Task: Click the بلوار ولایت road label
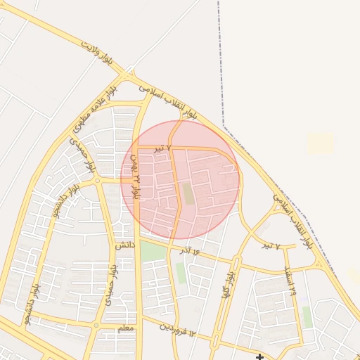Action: (x=98, y=55)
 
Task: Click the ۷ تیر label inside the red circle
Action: (x=163, y=148)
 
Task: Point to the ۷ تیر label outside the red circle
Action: (x=271, y=246)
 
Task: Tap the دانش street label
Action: (x=124, y=245)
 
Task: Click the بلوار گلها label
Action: (x=226, y=285)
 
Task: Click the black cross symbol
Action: (x=259, y=357)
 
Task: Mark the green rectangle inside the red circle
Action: (x=187, y=193)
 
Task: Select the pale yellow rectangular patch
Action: (x=320, y=143)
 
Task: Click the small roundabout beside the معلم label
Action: (x=96, y=325)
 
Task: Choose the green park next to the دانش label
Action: (x=153, y=252)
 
